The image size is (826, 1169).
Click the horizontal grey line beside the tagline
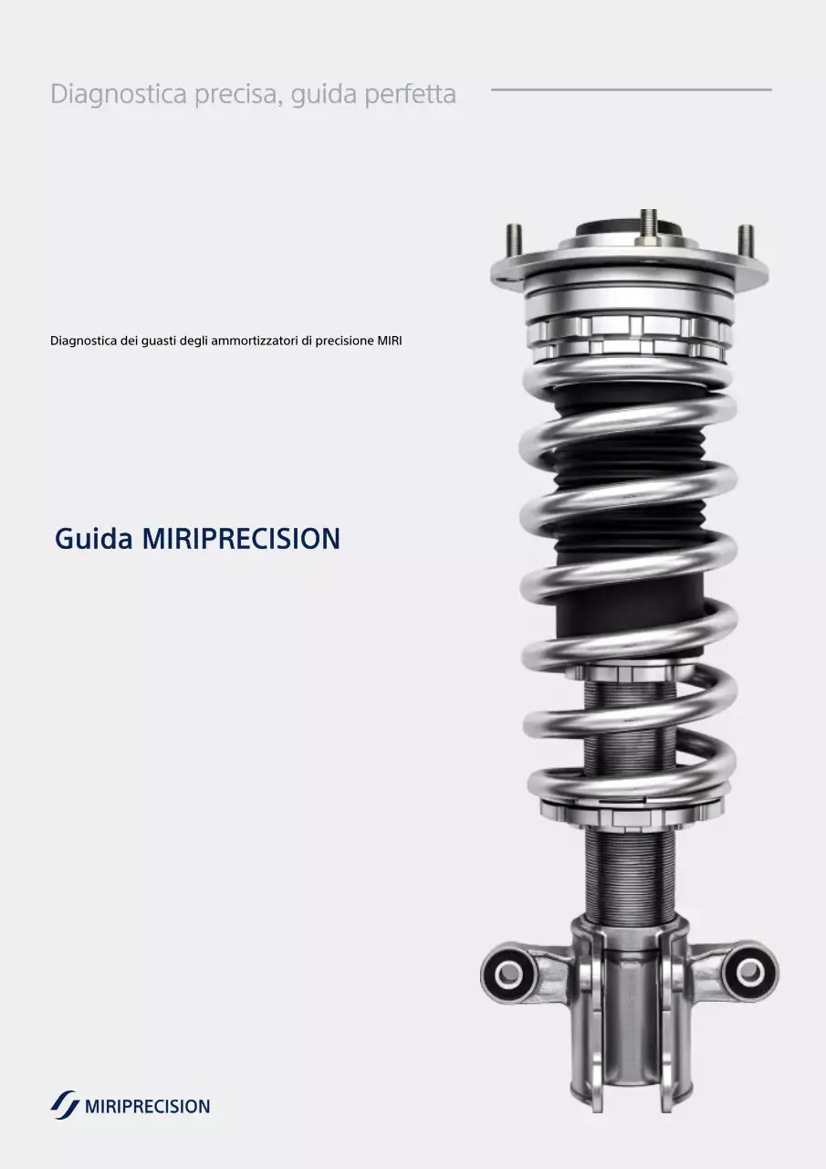(631, 90)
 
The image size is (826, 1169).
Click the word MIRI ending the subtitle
(390, 342)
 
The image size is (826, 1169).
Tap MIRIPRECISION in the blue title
(241, 539)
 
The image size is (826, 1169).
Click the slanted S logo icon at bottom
(64, 1105)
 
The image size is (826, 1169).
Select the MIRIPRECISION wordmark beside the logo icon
(147, 1107)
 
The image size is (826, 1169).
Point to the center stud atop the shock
(648, 225)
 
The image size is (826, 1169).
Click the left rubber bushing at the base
(507, 974)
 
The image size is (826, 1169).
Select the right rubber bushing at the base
(750, 972)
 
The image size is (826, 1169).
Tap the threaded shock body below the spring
(630, 872)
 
